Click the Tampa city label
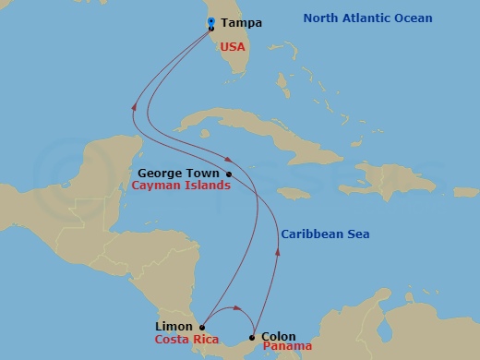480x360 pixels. (242, 23)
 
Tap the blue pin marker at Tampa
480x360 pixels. (211, 23)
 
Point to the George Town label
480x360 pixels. (178, 173)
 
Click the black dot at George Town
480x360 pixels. (228, 174)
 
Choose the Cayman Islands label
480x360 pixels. (181, 186)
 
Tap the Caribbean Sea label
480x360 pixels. (326, 234)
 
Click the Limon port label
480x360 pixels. (174, 326)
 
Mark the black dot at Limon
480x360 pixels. (202, 326)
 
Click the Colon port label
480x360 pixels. (279, 337)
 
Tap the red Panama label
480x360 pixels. (287, 347)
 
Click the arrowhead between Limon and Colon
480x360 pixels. (237, 308)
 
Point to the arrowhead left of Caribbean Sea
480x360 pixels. (278, 246)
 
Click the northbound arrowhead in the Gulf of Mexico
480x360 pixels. (137, 106)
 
